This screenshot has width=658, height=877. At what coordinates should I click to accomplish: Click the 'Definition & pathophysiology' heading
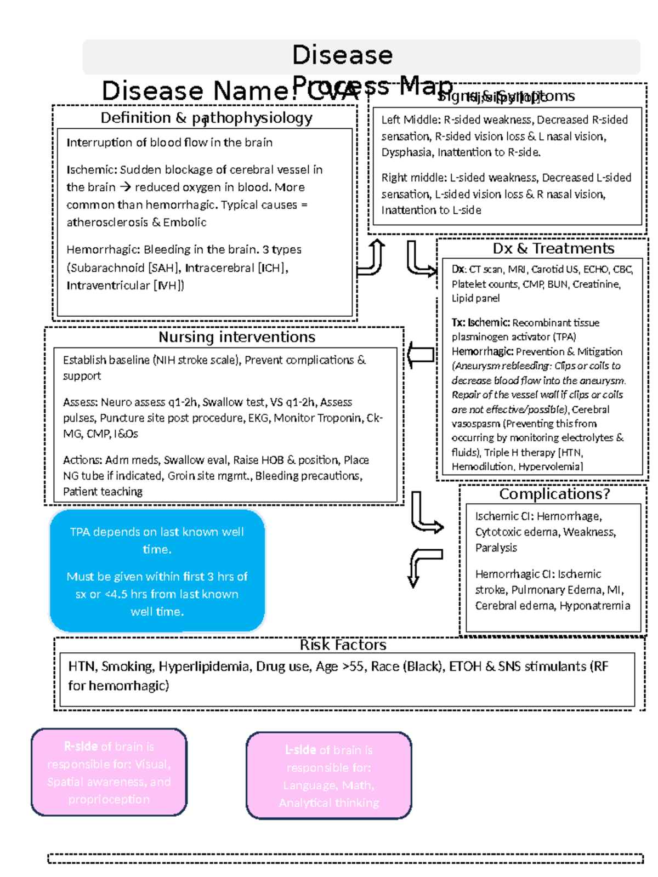pos(206,118)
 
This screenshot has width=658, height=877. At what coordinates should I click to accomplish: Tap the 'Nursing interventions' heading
pos(237,337)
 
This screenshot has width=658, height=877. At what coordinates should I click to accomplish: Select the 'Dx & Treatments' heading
pos(553,249)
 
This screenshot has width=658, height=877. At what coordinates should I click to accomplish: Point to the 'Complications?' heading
pos(554,494)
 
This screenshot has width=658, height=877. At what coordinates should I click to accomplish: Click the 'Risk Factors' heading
pos(343,645)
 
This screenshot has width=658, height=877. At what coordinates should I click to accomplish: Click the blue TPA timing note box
pos(157,571)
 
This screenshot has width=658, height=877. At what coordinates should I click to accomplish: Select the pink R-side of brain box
pos(109,772)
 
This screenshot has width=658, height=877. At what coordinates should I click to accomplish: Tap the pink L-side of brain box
pos(329,776)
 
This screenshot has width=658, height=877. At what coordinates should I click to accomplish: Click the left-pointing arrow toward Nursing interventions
pos(421,356)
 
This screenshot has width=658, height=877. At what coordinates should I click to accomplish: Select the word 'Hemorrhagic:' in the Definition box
pos(103,250)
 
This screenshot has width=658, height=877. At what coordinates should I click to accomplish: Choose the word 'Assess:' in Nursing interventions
pos(80,402)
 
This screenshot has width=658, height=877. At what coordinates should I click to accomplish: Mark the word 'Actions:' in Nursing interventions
pos(82,460)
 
